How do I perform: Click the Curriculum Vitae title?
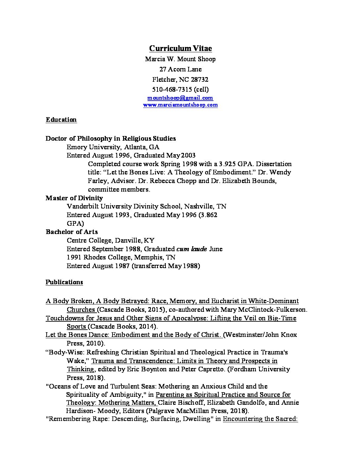point(180,48)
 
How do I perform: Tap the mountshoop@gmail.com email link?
point(180,98)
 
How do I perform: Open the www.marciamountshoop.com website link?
point(180,105)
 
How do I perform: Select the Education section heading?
point(61,120)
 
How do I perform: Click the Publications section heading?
point(64,282)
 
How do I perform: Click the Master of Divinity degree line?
point(74,198)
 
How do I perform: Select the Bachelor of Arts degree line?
point(71,232)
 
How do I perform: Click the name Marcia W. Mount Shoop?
point(180,59)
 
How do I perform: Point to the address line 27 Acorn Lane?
point(180,69)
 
